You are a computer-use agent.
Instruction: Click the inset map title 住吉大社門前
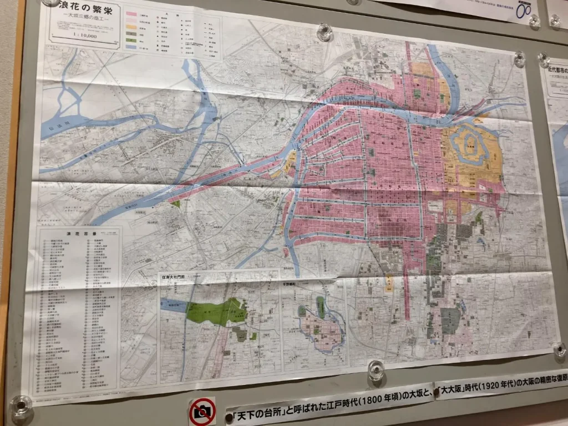point(173,276)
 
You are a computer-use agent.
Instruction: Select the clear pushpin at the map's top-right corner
point(519,58)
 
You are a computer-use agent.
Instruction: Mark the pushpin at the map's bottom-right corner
point(559,349)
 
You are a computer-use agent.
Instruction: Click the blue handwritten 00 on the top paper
point(523,11)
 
